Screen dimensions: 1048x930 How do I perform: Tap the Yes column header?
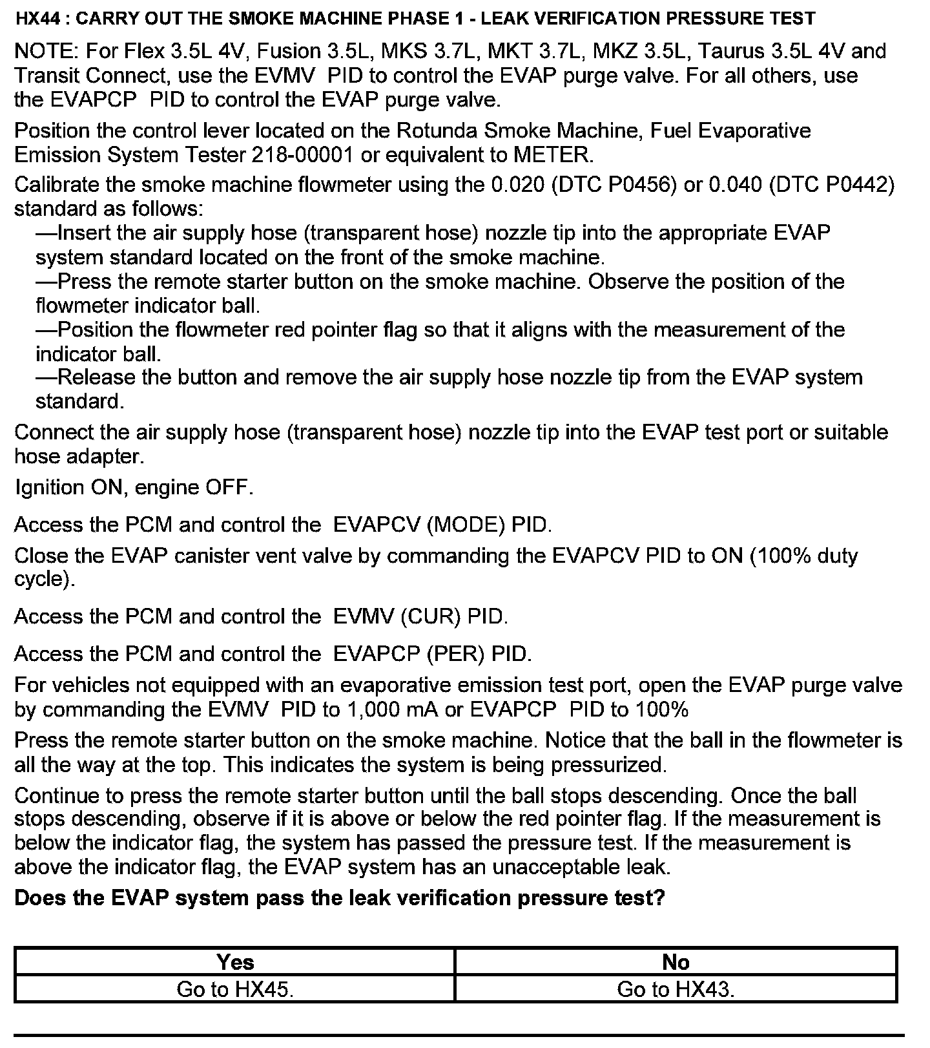[x=235, y=963]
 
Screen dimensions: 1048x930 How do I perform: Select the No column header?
[x=676, y=963]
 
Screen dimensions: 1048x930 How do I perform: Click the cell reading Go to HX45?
[x=235, y=989]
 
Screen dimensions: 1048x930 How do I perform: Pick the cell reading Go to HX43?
[x=676, y=989]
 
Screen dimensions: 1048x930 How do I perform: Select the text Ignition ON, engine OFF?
[x=134, y=487]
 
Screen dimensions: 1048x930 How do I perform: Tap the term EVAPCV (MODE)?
[x=418, y=525]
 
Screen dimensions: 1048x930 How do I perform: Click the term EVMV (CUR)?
[x=397, y=617]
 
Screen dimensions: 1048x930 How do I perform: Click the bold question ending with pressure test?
[x=339, y=898]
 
